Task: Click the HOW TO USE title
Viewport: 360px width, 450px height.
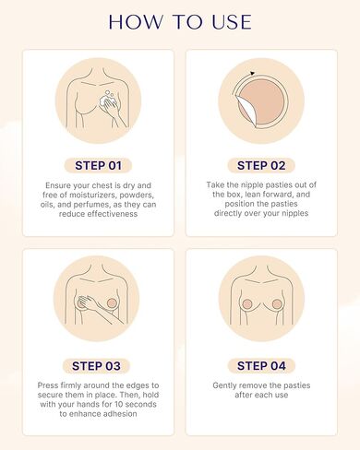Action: (x=180, y=21)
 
